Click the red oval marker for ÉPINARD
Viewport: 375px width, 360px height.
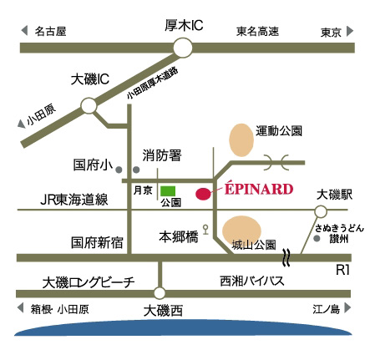[x=203, y=194]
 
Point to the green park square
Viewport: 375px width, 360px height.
[x=168, y=191]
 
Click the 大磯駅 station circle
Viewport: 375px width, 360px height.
[x=321, y=211]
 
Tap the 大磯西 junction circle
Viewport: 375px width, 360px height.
[x=160, y=293]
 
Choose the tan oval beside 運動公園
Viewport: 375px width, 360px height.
[x=241, y=139]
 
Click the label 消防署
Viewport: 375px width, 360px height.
[x=162, y=155]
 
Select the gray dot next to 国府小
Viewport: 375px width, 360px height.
[x=119, y=170]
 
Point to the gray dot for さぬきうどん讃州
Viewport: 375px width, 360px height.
[x=317, y=239]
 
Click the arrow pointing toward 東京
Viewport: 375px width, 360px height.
[x=350, y=31]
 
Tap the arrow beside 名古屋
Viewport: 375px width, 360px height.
[x=24, y=30]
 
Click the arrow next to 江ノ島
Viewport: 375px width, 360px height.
[x=347, y=308]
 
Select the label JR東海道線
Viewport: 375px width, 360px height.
[x=74, y=200]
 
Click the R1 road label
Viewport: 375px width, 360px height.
[x=342, y=270]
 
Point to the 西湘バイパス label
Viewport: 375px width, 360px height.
[x=252, y=281]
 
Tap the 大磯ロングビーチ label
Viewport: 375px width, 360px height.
[x=89, y=282]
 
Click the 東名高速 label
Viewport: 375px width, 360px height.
[x=257, y=31]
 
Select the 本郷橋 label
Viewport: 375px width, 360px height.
[x=179, y=237]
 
